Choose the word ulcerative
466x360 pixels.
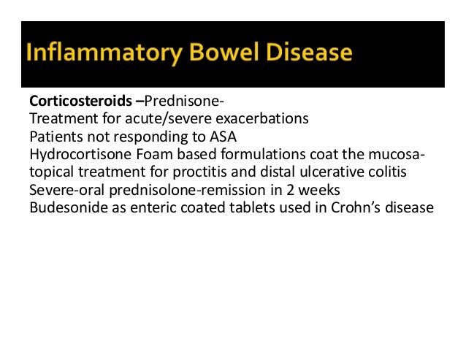click(327, 172)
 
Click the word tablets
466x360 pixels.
click(248, 207)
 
